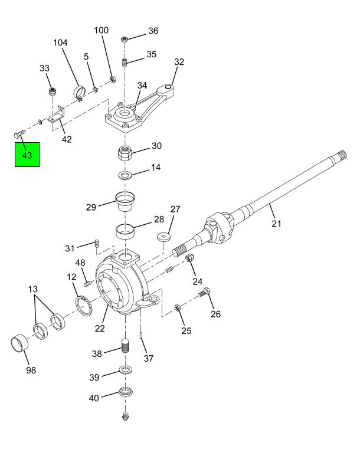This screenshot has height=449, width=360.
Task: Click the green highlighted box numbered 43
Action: [27, 155]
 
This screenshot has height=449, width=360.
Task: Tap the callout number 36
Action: [153, 31]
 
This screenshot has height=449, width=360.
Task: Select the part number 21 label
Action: [276, 224]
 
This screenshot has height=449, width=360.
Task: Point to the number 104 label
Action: [60, 42]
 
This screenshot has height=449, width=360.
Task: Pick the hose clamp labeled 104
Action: [79, 92]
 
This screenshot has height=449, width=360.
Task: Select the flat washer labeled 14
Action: [125, 175]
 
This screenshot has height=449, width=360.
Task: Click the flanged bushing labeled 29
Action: [125, 201]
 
